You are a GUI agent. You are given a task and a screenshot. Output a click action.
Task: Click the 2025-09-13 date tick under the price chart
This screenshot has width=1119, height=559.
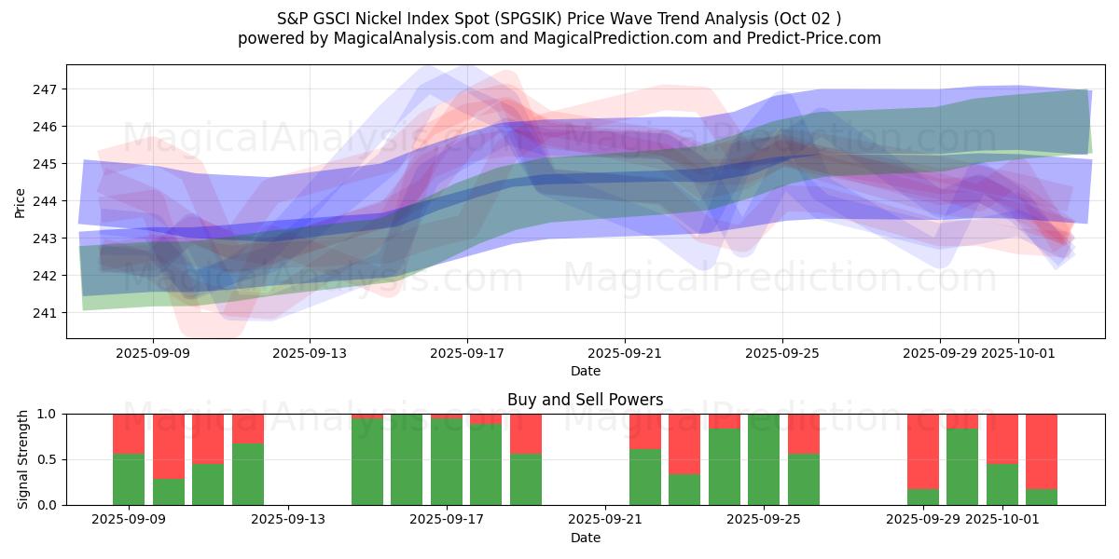pyautogui.click(x=310, y=354)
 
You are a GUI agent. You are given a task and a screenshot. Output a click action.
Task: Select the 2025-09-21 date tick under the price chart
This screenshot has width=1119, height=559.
pyautogui.click(x=624, y=354)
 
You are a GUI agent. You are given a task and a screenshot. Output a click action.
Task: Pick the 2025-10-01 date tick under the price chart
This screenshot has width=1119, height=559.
pyautogui.click(x=1017, y=354)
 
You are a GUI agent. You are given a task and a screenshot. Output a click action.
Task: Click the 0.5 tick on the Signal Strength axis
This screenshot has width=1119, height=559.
pyautogui.click(x=47, y=459)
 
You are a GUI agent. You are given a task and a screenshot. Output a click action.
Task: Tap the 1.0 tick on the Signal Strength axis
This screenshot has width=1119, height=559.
pyautogui.click(x=47, y=414)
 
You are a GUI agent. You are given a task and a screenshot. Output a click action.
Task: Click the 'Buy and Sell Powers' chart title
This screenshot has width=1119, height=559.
pyautogui.click(x=585, y=400)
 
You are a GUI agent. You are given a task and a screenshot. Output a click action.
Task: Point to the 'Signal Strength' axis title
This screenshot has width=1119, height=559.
pyautogui.click(x=23, y=459)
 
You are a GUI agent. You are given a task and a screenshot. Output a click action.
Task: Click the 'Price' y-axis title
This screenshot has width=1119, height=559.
pyautogui.click(x=21, y=201)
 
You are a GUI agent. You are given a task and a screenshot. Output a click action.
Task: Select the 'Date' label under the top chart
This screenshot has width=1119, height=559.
pyautogui.click(x=585, y=371)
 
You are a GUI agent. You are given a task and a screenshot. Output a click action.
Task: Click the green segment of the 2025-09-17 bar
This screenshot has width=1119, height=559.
pyautogui.click(x=446, y=461)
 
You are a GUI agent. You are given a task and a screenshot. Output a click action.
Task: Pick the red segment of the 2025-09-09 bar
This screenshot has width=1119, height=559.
pyautogui.click(x=129, y=433)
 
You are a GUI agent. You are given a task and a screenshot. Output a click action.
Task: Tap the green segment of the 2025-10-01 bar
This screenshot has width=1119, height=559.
pyautogui.click(x=1002, y=484)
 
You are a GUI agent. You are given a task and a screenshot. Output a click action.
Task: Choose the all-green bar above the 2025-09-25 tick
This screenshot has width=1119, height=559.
pyautogui.click(x=764, y=459)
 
